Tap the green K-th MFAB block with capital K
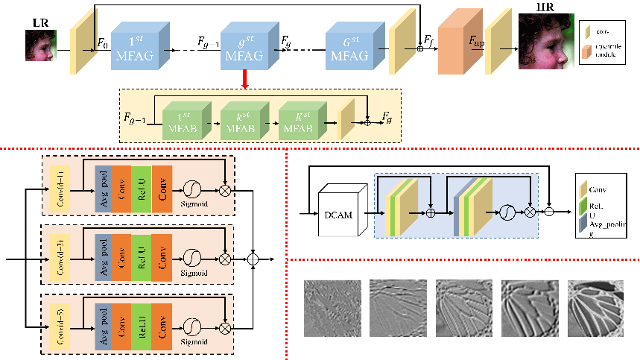[301, 119]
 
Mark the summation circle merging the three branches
[253, 259]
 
